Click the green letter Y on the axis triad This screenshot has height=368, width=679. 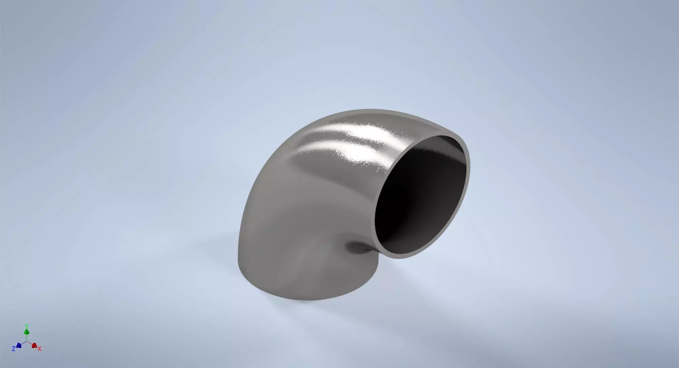(26, 326)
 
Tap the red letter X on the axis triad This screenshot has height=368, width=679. (40, 349)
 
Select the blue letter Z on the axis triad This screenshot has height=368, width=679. (14, 349)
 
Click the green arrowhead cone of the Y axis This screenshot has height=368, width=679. (26, 331)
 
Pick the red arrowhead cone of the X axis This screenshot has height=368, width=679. (34, 346)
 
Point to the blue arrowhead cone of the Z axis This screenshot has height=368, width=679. (19, 346)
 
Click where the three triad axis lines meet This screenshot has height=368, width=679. (26, 342)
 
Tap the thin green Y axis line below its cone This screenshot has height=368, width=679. (26, 337)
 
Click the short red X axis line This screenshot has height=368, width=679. (30, 344)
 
